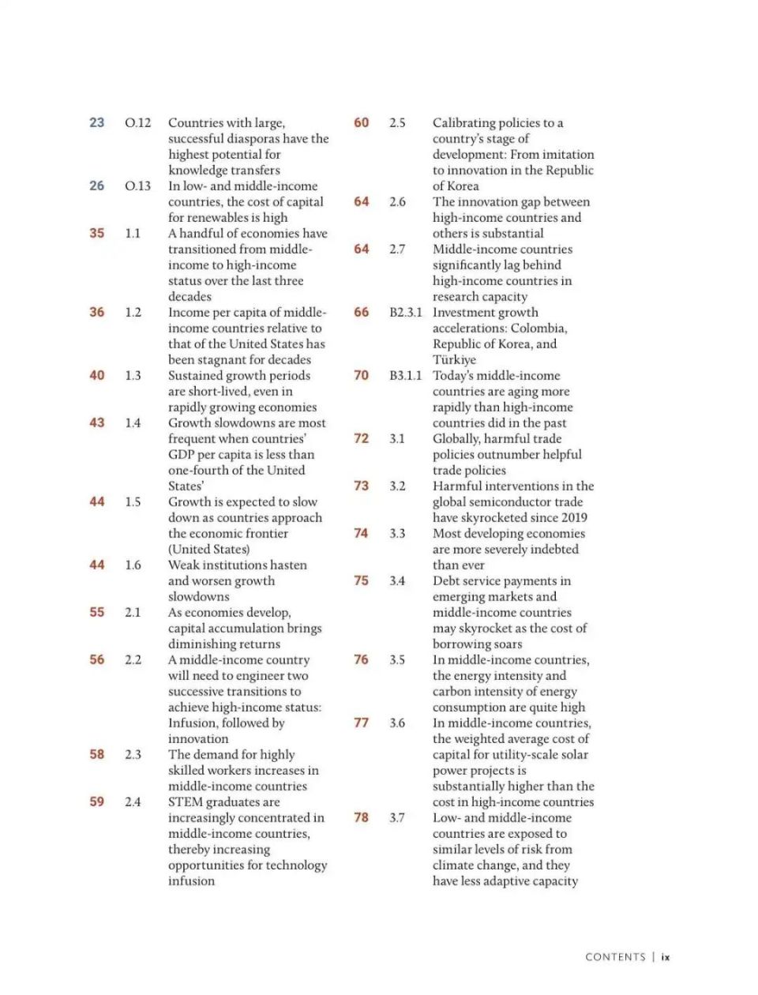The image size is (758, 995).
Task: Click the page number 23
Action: tap(96, 122)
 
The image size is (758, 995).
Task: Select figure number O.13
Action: tap(137, 186)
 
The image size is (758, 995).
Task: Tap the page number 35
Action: tap(96, 233)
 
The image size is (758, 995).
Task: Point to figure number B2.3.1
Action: tap(405, 312)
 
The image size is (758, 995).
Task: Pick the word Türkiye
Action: tap(454, 359)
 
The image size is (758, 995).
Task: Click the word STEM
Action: tap(185, 802)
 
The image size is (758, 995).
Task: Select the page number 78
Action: tap(361, 817)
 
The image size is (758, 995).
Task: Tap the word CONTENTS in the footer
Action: tap(615, 957)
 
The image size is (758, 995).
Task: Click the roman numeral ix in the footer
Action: tap(666, 957)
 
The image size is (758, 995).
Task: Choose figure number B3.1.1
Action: tap(405, 375)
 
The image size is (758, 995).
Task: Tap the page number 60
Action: tap(361, 122)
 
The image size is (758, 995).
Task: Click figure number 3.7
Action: tap(396, 817)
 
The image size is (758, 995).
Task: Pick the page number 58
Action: tap(96, 754)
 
